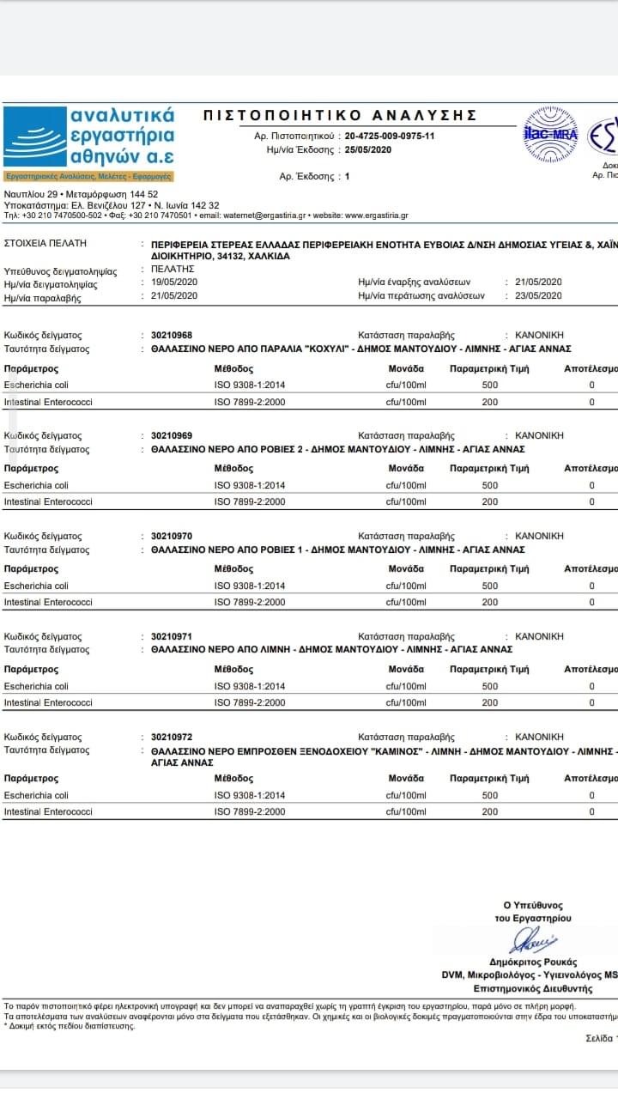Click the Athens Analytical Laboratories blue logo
[89, 137]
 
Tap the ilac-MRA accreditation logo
[551, 133]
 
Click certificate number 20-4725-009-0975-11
[390, 137]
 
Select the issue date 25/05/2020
[367, 149]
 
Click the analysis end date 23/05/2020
[538, 295]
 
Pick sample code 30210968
[172, 335]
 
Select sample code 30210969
[172, 435]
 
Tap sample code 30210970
[172, 536]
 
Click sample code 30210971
[172, 636]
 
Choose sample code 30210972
[172, 737]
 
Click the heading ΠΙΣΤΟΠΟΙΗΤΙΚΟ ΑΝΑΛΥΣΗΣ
[340, 115]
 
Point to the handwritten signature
[533, 941]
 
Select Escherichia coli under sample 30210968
[36, 385]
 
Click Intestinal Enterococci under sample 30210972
[48, 811]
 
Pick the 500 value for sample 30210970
[489, 586]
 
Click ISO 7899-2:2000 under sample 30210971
[250, 702]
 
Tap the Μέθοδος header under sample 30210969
[233, 469]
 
